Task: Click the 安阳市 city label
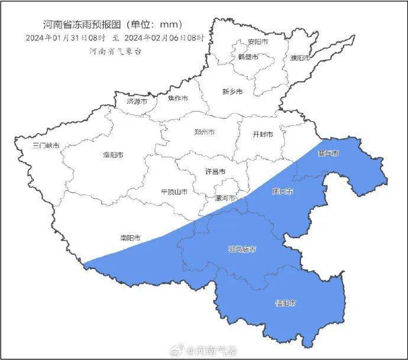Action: pos(258,43)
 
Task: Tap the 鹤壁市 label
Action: pos(248,57)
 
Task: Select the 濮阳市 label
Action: pos(300,58)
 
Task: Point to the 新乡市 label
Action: pos(232,92)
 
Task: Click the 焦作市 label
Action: pos(177,98)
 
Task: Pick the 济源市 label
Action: pos(137,101)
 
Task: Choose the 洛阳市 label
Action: pos(113,155)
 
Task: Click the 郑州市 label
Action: pos(205,132)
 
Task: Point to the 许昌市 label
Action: pos(215,171)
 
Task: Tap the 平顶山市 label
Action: pos(174,192)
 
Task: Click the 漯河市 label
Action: pos(225,198)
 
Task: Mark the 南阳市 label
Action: pos(130,238)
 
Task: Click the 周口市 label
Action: pos(282,192)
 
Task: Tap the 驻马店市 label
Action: pos(242,249)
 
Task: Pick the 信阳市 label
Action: pos(286,303)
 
